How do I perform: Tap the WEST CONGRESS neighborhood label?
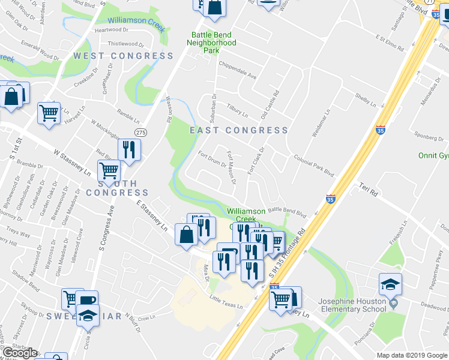click(123, 56)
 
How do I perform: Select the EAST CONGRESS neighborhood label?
click(239, 130)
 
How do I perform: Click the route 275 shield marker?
click(140, 132)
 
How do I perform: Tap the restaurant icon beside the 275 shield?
click(129, 149)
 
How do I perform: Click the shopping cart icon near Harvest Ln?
click(49, 112)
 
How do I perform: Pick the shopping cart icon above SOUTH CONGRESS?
click(109, 170)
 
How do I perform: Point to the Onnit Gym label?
click(433, 155)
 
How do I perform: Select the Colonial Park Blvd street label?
click(313, 164)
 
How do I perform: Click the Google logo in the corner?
click(19, 353)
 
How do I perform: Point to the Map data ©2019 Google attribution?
click(412, 355)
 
